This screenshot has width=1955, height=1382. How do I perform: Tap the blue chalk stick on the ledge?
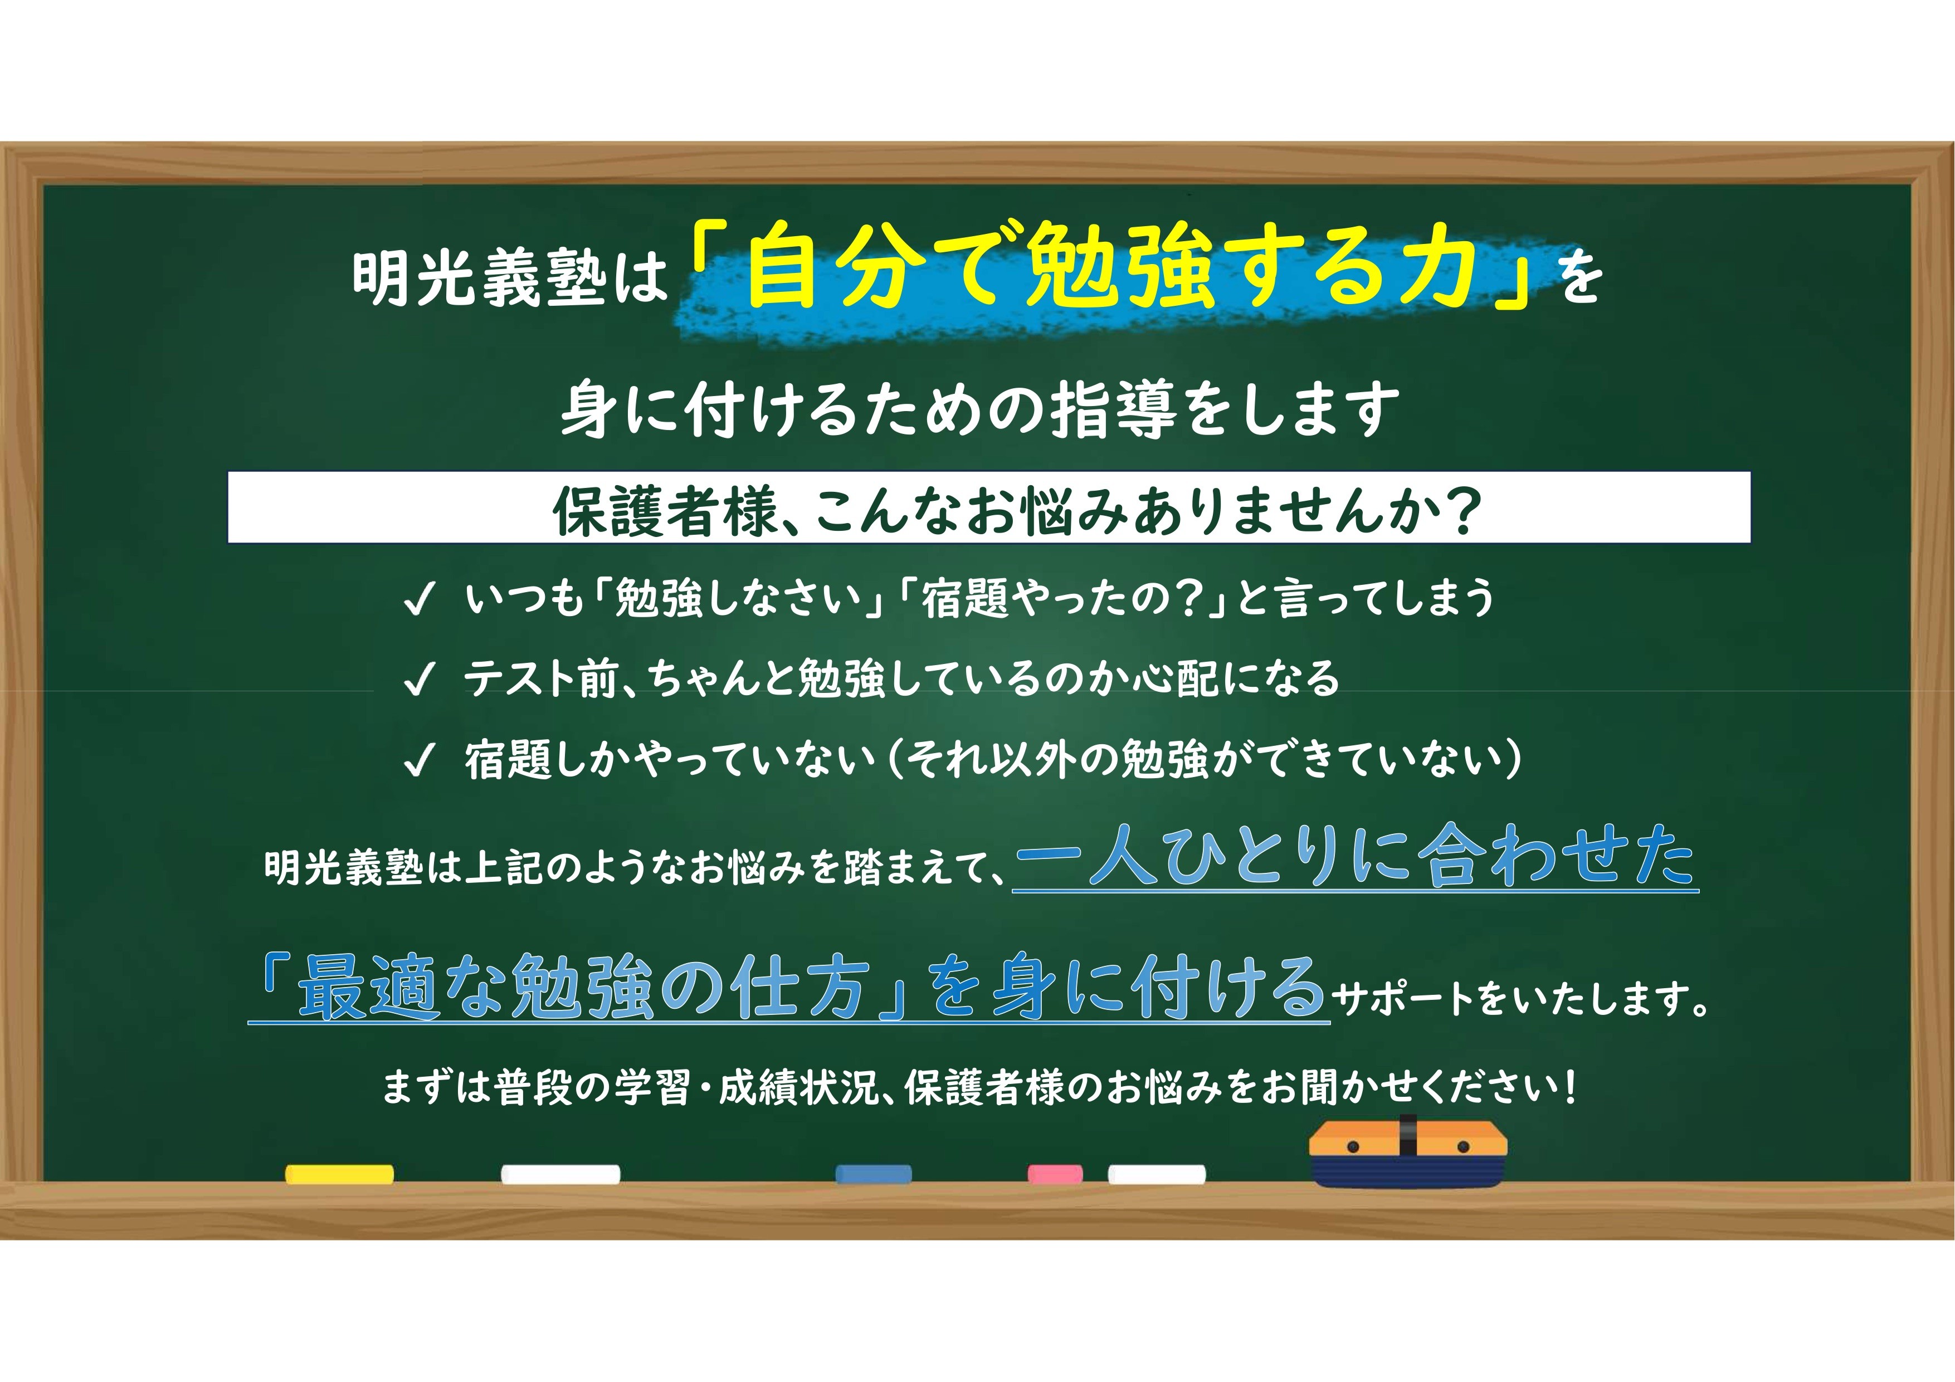[x=874, y=1174]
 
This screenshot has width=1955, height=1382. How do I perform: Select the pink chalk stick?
[x=1055, y=1174]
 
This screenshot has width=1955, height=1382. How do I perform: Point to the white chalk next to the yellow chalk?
[x=560, y=1174]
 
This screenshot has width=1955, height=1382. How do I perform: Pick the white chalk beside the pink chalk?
[x=1156, y=1174]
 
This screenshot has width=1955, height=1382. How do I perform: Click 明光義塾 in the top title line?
[x=479, y=277]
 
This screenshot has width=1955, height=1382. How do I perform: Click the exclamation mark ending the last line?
[x=1569, y=1087]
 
